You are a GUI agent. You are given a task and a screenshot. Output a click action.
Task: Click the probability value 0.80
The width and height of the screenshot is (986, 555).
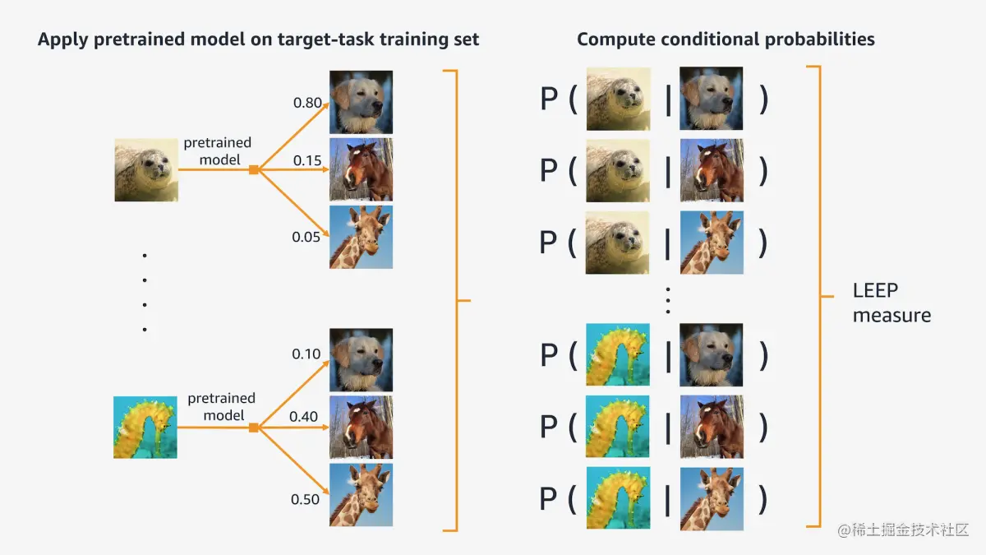click(307, 103)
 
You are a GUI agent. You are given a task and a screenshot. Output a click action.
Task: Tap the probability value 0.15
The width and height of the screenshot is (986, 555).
click(307, 160)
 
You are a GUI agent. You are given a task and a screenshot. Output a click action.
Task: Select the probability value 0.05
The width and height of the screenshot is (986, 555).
click(306, 237)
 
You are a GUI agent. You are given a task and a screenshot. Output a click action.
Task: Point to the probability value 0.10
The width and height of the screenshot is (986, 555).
click(306, 354)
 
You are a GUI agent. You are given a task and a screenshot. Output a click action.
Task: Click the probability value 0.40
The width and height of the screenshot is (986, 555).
click(303, 416)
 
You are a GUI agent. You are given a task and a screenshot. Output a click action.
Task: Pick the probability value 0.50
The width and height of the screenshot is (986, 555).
click(305, 500)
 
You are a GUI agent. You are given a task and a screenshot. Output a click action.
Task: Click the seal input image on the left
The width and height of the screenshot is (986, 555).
click(146, 170)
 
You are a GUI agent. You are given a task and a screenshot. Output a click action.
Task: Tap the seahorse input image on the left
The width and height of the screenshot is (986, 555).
click(145, 428)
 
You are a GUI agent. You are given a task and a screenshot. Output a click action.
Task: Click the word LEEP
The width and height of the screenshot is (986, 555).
click(875, 291)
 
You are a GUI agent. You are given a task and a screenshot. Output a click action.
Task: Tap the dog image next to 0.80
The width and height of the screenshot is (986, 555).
click(361, 102)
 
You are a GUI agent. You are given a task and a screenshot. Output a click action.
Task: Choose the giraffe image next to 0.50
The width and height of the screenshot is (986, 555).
click(361, 495)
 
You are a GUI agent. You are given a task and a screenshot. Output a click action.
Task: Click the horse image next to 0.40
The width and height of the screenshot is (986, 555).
click(361, 428)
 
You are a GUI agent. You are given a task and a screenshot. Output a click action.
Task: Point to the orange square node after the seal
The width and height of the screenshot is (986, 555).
click(254, 169)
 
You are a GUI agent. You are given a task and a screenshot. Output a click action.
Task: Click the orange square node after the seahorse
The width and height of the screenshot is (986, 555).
click(254, 428)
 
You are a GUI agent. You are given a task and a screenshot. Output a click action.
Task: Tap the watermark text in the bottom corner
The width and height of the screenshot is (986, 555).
click(903, 530)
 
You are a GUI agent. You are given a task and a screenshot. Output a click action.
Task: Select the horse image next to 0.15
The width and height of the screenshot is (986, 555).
click(361, 169)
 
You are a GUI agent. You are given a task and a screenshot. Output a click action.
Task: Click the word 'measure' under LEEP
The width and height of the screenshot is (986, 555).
click(892, 316)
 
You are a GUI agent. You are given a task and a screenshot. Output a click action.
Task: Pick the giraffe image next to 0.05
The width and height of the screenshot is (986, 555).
click(361, 237)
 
